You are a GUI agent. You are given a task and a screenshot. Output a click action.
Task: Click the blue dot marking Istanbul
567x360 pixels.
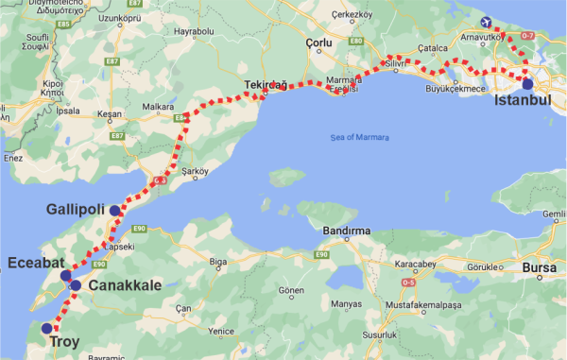[x=527, y=84]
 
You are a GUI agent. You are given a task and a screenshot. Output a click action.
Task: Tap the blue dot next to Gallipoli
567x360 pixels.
[x=114, y=211]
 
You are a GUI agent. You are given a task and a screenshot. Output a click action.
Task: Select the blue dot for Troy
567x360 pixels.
[x=46, y=329]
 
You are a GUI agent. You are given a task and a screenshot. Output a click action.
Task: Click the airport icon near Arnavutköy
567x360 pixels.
[x=487, y=23]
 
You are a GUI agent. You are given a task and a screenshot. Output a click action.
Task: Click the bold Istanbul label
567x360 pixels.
[x=522, y=100]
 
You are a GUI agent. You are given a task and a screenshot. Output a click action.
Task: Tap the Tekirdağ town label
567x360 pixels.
[x=265, y=84]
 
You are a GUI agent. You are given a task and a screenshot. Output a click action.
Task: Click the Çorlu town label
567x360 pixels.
[x=320, y=43]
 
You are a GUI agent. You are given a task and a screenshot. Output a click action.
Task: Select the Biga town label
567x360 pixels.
[x=218, y=261]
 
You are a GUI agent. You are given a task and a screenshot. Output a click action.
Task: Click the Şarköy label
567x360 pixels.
[x=194, y=171]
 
